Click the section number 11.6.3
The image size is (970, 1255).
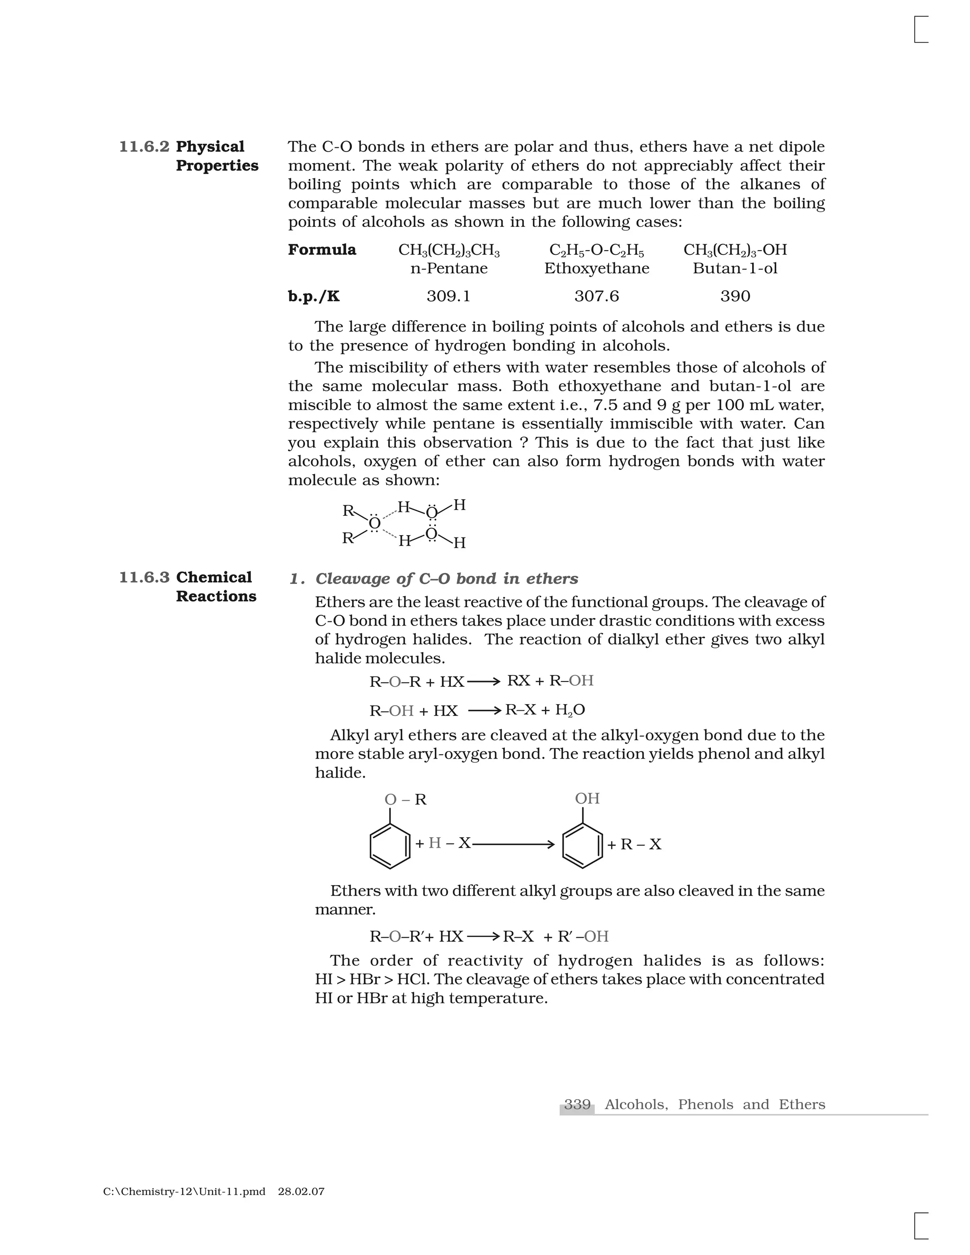[x=144, y=577]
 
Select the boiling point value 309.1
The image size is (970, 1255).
[x=448, y=296]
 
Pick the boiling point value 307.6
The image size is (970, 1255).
[x=596, y=296]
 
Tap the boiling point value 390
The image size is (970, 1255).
[x=735, y=296]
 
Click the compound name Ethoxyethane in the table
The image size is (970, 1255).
[x=596, y=269]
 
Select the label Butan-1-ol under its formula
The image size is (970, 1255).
[x=735, y=269]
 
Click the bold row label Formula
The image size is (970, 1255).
[x=322, y=250]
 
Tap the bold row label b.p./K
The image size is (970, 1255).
[x=314, y=296]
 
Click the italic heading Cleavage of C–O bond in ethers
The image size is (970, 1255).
[x=447, y=579]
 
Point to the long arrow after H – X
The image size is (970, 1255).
[x=512, y=844]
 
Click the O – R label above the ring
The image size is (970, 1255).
[x=405, y=800]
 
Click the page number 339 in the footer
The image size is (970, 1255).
[x=577, y=1104]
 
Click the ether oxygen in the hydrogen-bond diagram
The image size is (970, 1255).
[x=374, y=523]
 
